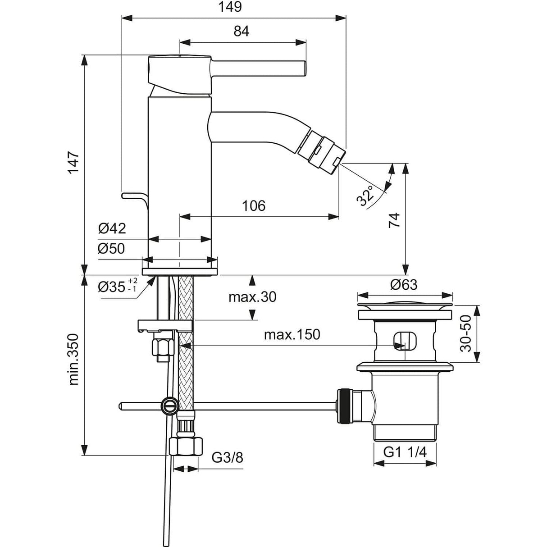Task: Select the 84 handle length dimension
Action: click(x=242, y=31)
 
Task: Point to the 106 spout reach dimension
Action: click(x=254, y=206)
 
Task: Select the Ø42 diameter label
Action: click(x=112, y=228)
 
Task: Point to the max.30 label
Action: click(x=252, y=297)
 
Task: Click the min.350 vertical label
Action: click(x=73, y=359)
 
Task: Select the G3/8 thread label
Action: click(x=227, y=458)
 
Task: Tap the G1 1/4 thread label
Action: click(x=405, y=452)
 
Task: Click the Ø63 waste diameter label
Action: click(x=404, y=285)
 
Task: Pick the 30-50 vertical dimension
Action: click(x=465, y=333)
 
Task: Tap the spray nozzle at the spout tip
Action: click(x=329, y=153)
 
